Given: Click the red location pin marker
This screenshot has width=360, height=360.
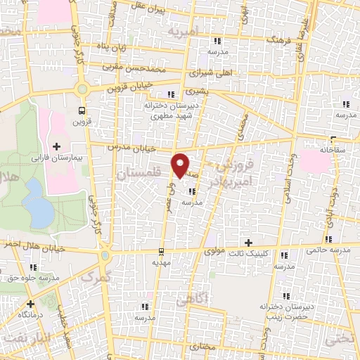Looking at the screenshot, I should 181,165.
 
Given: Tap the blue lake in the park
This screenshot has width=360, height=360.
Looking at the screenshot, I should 37,199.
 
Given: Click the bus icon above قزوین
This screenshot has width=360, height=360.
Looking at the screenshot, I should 82,110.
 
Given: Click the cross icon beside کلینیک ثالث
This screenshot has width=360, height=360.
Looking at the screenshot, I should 247,242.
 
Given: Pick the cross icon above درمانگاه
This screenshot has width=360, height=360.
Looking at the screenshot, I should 30,304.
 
